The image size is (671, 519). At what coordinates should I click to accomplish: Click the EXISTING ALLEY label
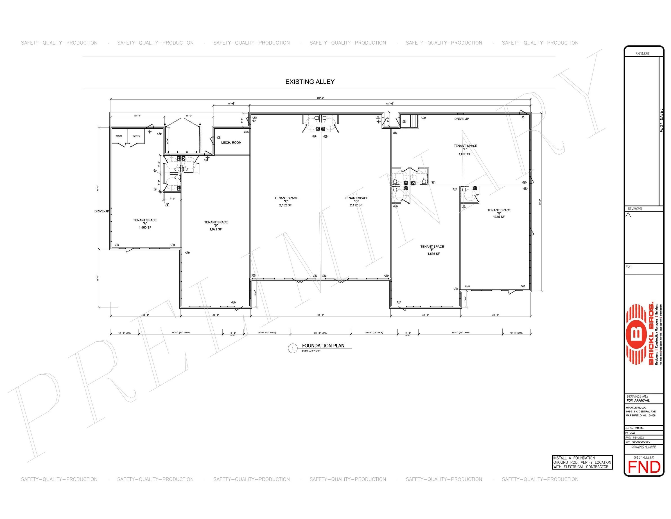click(310, 82)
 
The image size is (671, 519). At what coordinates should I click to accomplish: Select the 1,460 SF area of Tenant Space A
click(145, 228)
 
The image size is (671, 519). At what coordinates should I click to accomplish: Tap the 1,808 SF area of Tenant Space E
click(465, 154)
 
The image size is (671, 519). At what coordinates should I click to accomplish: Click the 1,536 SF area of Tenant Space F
click(433, 254)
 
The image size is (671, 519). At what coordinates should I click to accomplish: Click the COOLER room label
click(119, 136)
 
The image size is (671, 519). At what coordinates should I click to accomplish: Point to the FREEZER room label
click(136, 136)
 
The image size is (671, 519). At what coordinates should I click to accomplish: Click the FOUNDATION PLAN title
click(323, 346)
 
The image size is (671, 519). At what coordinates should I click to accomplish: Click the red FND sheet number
click(644, 467)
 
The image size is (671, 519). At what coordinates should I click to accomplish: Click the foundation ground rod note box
click(582, 462)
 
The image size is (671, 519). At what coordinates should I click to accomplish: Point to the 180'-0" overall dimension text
click(321, 98)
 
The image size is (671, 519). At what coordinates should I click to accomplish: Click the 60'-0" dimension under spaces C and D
click(321, 315)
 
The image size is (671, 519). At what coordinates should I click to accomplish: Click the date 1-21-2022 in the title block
click(638, 437)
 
